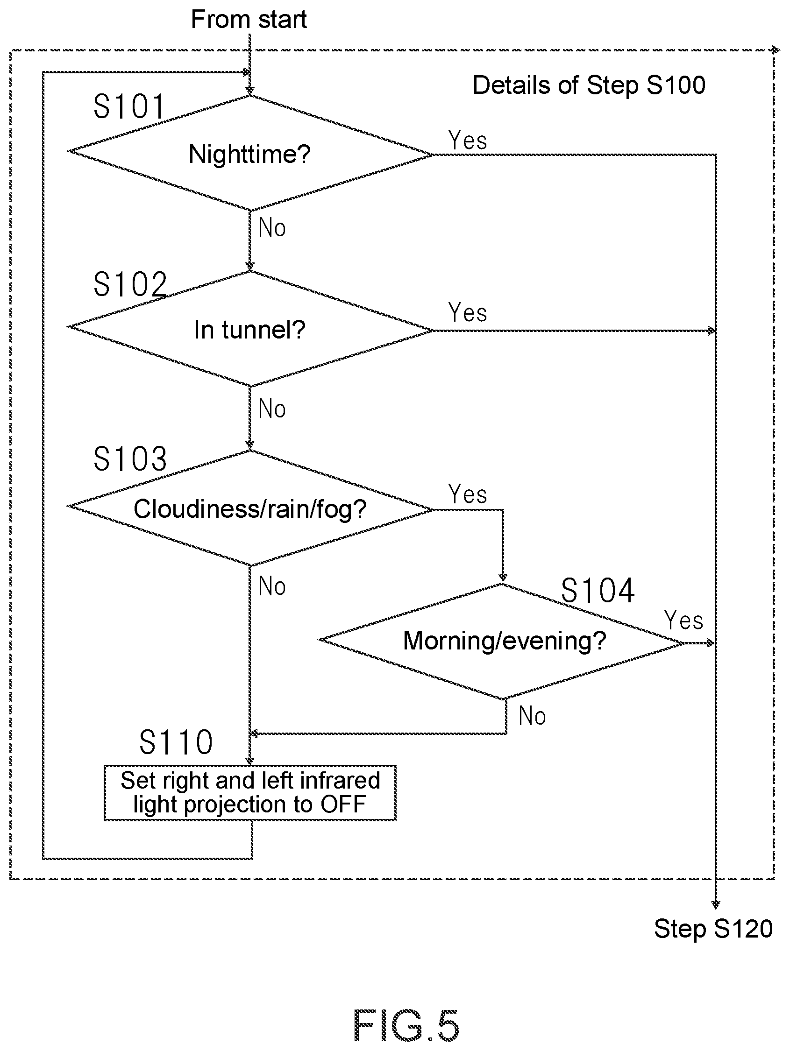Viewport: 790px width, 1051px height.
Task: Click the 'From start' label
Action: click(249, 20)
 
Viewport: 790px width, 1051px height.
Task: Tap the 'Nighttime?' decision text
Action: click(249, 155)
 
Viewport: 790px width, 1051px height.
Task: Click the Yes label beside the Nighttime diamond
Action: click(468, 141)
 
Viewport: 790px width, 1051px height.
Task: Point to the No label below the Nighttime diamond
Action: click(272, 227)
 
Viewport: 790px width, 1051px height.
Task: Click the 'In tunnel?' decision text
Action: click(249, 330)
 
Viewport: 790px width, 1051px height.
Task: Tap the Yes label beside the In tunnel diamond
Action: click(468, 313)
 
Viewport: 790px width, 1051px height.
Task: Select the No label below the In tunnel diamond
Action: click(272, 409)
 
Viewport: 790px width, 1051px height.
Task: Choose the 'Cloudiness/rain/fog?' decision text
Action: click(250, 509)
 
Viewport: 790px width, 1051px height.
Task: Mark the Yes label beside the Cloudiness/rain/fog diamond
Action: click(468, 494)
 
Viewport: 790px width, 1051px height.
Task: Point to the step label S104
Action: click(598, 591)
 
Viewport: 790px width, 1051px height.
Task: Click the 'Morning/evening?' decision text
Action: click(505, 641)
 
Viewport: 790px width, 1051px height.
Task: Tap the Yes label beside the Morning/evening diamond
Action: click(683, 621)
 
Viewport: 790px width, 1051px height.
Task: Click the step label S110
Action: click(176, 742)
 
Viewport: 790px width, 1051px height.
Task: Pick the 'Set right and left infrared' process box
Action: click(250, 793)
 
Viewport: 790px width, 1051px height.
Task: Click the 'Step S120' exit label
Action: click(713, 929)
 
